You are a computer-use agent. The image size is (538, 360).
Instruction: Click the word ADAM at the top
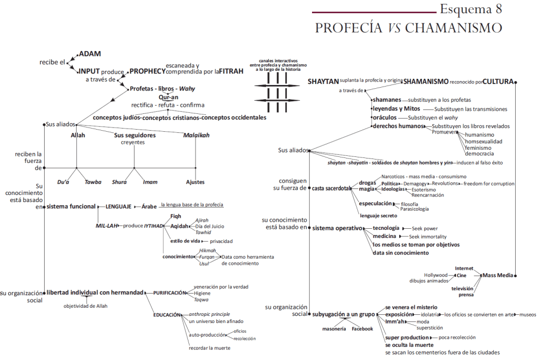[90, 54]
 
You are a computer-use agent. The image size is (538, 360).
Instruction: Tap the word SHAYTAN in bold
[323, 81]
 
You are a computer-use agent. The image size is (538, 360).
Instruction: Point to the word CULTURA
[498, 82]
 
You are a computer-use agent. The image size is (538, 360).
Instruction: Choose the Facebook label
[362, 329]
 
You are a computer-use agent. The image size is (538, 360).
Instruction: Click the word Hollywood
[436, 276]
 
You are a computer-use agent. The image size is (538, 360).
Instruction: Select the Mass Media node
[498, 276]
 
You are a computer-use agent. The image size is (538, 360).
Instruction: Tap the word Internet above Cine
[464, 268]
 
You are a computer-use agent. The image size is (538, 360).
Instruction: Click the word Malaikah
[195, 135]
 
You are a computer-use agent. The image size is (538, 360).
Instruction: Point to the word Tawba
[93, 182]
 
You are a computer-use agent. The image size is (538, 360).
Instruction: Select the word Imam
[150, 182]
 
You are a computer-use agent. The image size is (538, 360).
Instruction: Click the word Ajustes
[195, 182]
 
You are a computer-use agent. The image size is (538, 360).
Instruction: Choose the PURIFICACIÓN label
[169, 292]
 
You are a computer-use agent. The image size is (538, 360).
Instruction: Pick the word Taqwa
[201, 300]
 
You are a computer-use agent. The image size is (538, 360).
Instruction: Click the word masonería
[334, 329]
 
